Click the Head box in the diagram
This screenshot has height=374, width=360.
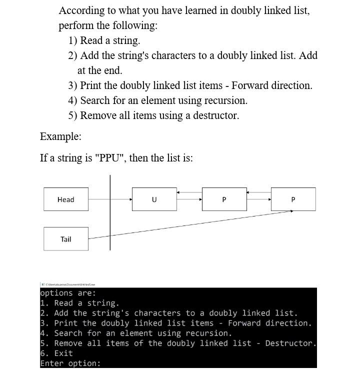[66, 199]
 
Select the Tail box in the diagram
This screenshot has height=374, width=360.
[66, 239]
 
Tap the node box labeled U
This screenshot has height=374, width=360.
[154, 199]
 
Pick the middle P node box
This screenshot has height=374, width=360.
[224, 199]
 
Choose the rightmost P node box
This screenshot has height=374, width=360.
[293, 199]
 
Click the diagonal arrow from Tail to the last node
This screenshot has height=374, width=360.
[190, 224]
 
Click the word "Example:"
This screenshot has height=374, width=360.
[60, 136]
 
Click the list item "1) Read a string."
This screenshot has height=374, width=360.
[104, 40]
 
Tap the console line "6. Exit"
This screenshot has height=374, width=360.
[56, 353]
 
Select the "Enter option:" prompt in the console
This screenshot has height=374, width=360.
[70, 363]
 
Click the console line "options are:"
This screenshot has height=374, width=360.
[68, 293]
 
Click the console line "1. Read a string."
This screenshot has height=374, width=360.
[79, 303]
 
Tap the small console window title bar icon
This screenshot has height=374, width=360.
[42, 284]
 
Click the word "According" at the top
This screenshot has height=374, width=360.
[83, 10]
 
